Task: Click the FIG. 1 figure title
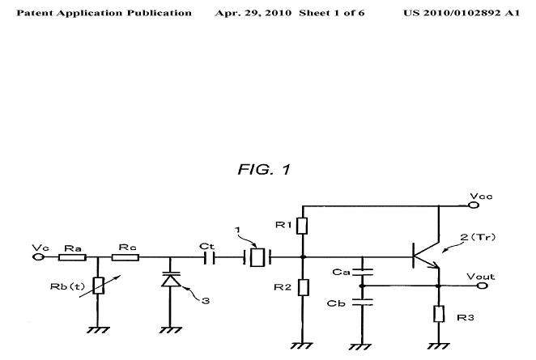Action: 263,170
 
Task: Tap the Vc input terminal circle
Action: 37,258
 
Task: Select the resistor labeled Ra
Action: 73,258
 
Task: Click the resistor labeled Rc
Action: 125,258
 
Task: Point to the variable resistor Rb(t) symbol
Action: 97,284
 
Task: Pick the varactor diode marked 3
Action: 171,281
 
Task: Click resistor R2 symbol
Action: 302,287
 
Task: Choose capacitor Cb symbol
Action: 362,301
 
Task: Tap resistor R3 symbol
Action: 439,315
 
